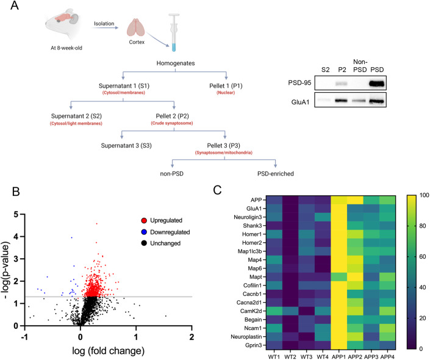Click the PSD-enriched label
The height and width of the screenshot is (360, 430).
[275, 173]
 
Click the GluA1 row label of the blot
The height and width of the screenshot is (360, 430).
[310, 101]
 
